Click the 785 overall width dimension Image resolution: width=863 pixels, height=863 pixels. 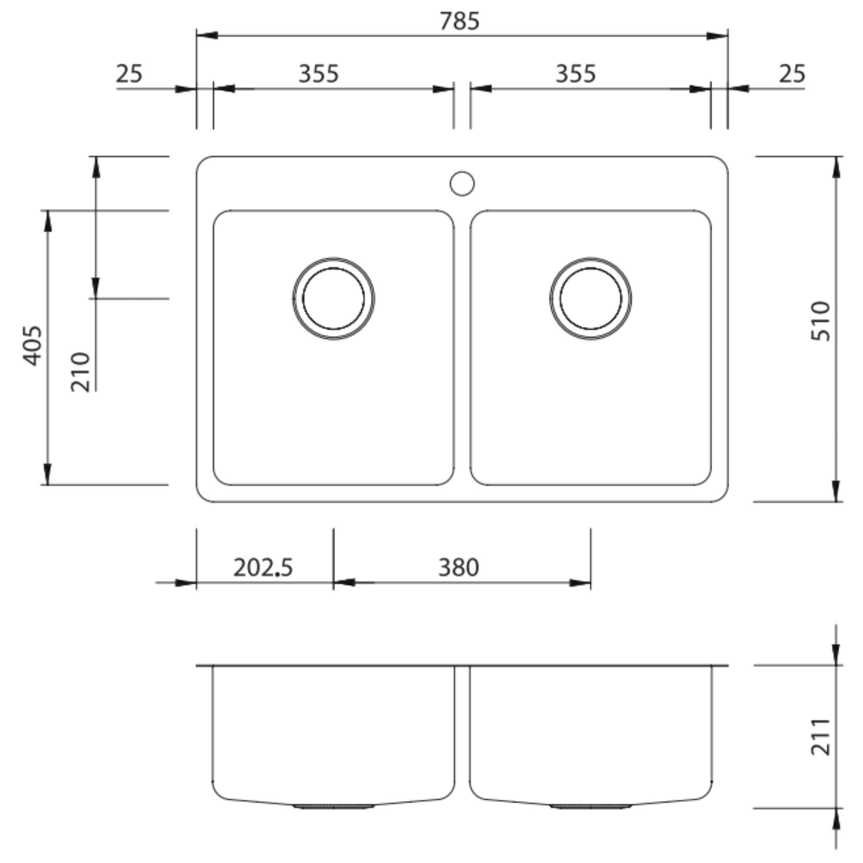point(459,21)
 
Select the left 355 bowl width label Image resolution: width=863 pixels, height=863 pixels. point(319,74)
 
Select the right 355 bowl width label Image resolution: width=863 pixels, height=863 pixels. point(575,74)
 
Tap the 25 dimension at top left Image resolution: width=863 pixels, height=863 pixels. point(129,74)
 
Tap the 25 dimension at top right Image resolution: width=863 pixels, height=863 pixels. point(792,74)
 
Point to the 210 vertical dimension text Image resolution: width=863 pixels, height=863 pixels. point(81,372)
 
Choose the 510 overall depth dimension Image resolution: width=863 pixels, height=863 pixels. point(820,322)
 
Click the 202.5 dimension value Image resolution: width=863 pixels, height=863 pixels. point(263,568)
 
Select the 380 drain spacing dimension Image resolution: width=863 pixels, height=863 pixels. point(458,568)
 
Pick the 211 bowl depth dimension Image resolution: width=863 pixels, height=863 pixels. point(820,737)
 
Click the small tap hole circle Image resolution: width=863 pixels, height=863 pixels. point(462,184)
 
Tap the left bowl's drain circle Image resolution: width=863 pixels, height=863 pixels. point(333,298)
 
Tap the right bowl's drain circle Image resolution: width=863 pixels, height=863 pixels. point(590,298)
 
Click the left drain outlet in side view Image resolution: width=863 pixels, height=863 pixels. point(333,807)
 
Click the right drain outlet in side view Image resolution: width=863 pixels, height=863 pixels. point(590,807)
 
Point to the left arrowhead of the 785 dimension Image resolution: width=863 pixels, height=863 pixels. point(206,35)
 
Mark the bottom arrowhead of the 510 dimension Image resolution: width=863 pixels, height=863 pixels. point(836,491)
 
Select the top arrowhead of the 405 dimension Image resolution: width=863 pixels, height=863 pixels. point(47,221)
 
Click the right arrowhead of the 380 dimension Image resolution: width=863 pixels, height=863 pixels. point(580,583)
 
